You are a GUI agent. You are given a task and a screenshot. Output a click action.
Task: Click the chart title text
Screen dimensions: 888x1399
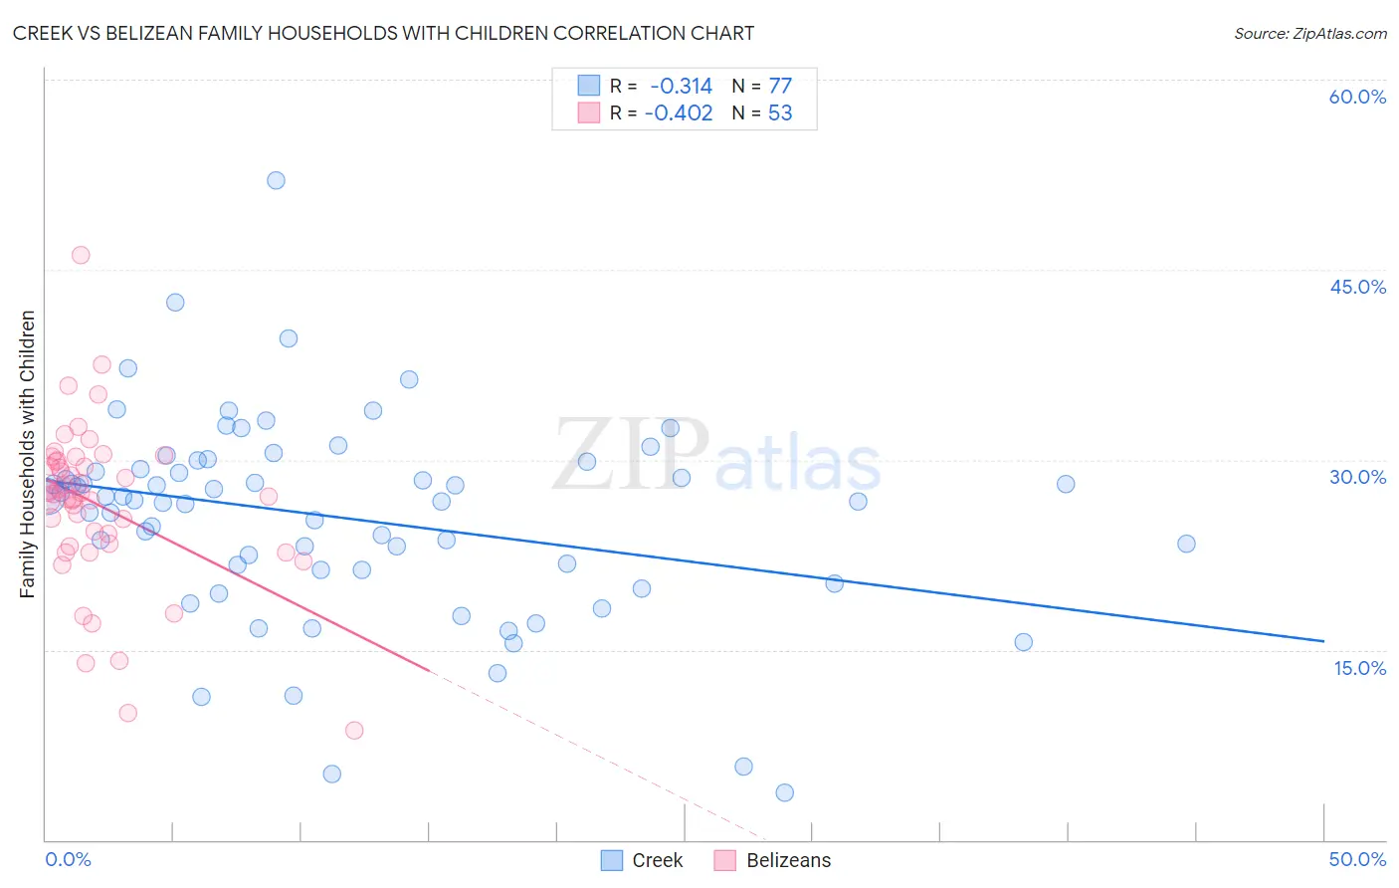(x=383, y=33)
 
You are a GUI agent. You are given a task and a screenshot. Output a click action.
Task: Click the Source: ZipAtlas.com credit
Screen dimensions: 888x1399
(x=1309, y=33)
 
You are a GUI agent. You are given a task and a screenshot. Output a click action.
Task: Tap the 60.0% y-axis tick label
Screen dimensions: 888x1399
(x=1357, y=97)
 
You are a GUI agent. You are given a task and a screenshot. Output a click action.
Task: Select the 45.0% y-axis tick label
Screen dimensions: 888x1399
(x=1357, y=287)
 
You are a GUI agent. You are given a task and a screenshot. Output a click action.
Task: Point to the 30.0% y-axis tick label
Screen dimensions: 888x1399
(x=1357, y=477)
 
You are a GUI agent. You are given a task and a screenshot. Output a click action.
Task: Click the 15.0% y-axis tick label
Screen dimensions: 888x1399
(x=1359, y=668)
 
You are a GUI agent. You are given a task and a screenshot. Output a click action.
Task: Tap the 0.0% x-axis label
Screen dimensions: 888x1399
(x=68, y=859)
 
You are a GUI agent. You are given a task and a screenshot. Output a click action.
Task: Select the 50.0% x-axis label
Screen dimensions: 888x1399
(x=1357, y=859)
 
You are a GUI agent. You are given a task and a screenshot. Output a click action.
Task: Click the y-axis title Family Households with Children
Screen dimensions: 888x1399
(x=28, y=454)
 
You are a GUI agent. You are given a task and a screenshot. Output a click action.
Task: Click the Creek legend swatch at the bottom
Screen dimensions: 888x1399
(x=612, y=860)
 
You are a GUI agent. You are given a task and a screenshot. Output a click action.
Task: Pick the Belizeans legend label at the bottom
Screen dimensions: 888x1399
(x=788, y=860)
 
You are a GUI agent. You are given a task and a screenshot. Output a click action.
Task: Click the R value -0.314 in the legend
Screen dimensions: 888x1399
(x=681, y=87)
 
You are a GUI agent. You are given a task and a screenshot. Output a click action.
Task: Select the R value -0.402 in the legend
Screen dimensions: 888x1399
(x=679, y=113)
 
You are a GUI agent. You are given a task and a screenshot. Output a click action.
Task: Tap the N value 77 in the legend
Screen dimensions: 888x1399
(x=780, y=87)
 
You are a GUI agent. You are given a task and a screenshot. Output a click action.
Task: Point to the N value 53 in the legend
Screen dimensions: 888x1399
(x=780, y=113)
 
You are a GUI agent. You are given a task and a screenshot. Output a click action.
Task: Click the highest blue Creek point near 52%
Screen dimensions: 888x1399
(x=276, y=180)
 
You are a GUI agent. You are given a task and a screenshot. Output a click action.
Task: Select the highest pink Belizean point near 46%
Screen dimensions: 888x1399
(x=81, y=255)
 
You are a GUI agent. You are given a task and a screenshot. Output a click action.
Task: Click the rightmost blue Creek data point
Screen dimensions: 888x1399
(x=1186, y=544)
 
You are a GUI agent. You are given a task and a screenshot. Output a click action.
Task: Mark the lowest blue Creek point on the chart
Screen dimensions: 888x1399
(x=784, y=792)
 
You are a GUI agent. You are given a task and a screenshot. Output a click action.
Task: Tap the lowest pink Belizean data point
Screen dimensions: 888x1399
(x=354, y=730)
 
